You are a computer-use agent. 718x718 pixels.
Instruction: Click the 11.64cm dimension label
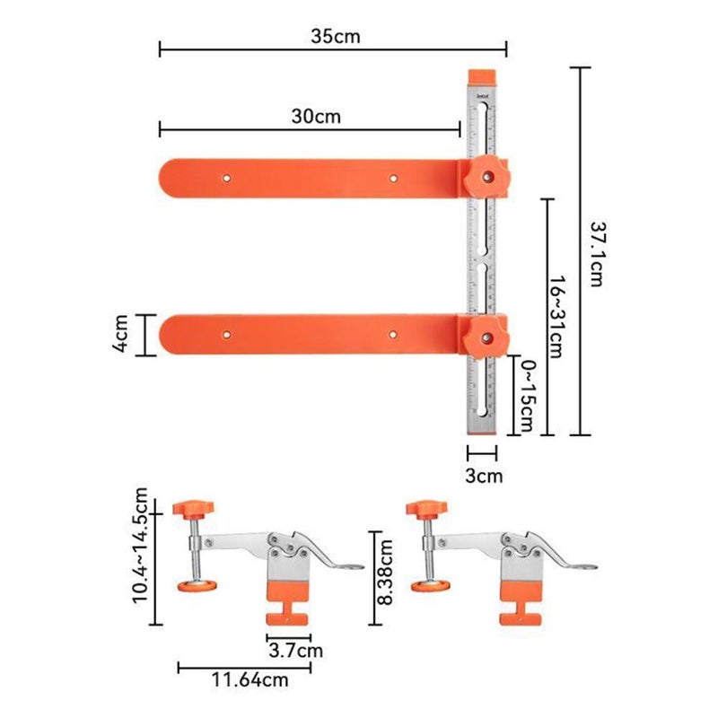[x=244, y=680]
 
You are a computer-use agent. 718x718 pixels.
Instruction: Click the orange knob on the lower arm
[x=487, y=336]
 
